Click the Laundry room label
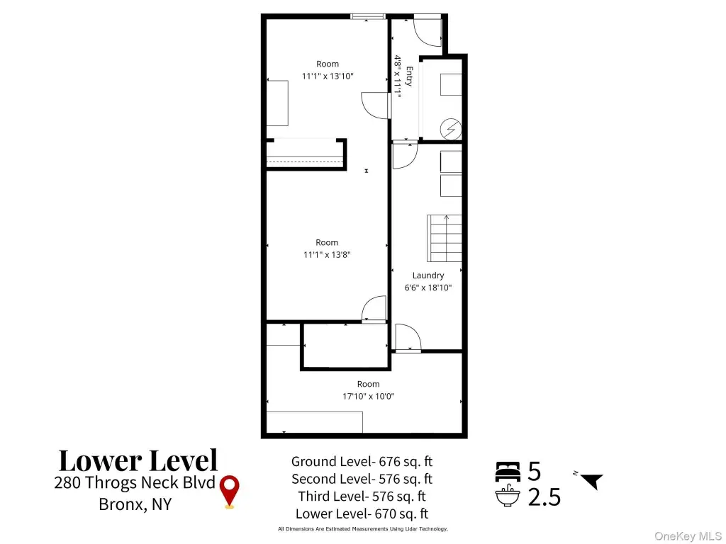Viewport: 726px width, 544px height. pos(428,276)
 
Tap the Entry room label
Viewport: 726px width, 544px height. pos(409,76)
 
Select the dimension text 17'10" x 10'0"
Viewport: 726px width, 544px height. pos(368,396)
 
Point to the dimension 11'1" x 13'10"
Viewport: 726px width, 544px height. pos(328,76)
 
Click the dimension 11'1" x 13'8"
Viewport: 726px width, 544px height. pos(327,254)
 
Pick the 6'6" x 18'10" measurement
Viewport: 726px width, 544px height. pos(428,288)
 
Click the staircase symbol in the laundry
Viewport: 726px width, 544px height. pos(444,238)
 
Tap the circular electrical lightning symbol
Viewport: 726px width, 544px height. pos(450,129)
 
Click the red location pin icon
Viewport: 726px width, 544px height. pos(229,492)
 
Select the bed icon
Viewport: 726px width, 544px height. pos(508,471)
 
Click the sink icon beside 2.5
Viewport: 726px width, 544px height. pos(508,496)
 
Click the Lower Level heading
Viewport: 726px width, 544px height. pos(138,460)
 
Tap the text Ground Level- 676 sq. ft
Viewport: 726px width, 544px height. pos(362,461)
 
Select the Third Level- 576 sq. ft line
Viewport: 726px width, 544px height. pos(362,496)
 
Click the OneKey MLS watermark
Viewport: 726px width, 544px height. pos(688,536)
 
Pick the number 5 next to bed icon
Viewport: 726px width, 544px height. pos(535,471)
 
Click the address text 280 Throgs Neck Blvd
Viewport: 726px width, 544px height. pos(134,482)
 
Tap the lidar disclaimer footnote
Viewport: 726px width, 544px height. pos(362,528)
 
